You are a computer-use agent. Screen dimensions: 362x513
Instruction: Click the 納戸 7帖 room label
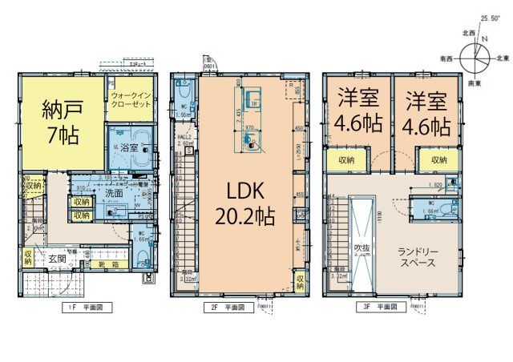click(60, 123)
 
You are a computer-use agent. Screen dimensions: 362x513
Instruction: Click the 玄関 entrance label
click(57, 259)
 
